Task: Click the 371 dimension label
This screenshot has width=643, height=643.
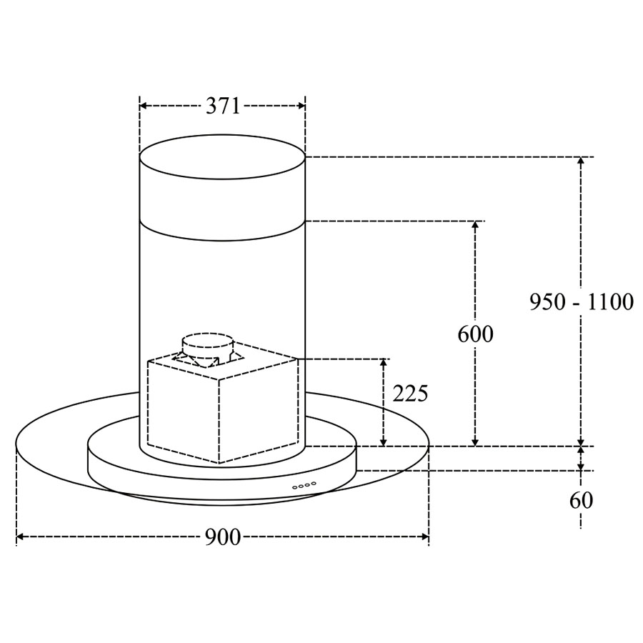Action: [223, 106]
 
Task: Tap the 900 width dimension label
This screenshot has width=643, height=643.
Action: [223, 537]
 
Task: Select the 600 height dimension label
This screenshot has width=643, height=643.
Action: [475, 334]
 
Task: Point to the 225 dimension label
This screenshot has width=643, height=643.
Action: [410, 394]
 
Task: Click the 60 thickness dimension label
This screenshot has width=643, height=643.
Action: [581, 500]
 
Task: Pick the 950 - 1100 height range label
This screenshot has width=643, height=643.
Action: [582, 302]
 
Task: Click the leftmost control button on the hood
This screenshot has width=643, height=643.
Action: [295, 487]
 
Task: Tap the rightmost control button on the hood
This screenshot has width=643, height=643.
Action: [314, 484]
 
